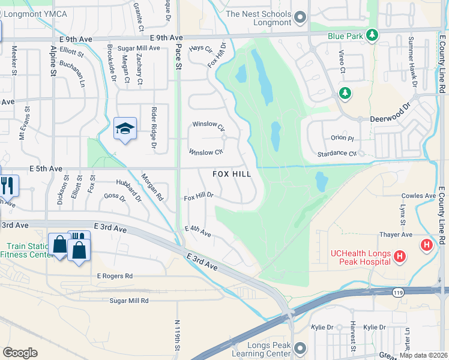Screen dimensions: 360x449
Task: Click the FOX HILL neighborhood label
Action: (233, 174)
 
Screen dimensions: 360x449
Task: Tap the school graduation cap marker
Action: (125, 128)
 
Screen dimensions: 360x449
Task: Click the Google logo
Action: (20, 353)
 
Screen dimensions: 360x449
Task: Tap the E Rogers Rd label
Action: (114, 276)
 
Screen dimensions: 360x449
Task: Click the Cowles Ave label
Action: (418, 196)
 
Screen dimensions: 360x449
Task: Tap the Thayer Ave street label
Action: (396, 235)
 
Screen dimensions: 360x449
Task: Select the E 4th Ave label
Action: (198, 231)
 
